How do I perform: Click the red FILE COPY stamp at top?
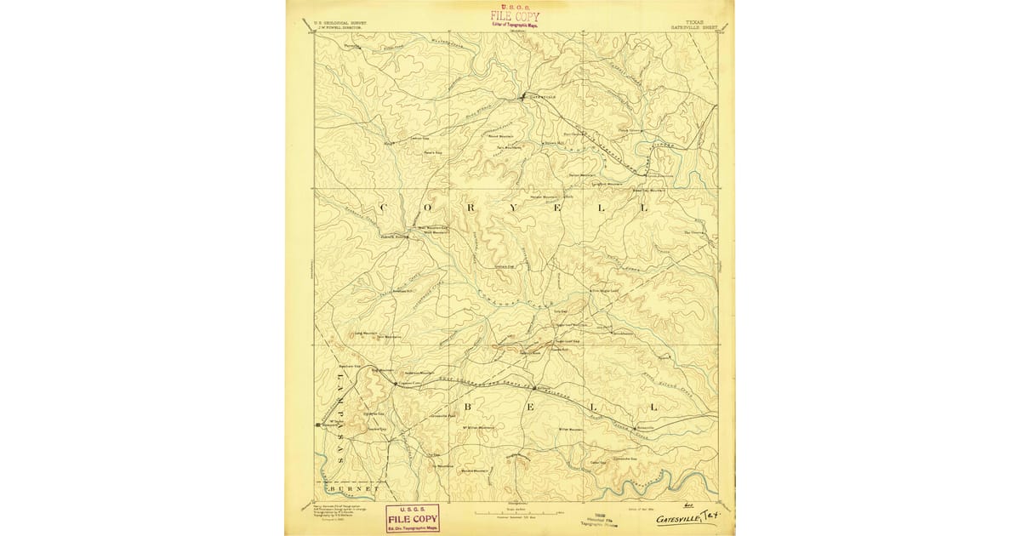coord(514,17)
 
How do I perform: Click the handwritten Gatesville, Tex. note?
coord(684,517)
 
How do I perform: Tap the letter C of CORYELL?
coord(380,208)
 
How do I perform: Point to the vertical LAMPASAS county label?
coord(339,417)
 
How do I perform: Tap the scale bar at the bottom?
coord(510,514)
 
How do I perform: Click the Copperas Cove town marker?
coord(394,384)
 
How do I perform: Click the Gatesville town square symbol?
coord(523,96)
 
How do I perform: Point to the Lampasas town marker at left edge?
coord(317,423)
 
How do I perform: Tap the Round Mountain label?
coord(499,135)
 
